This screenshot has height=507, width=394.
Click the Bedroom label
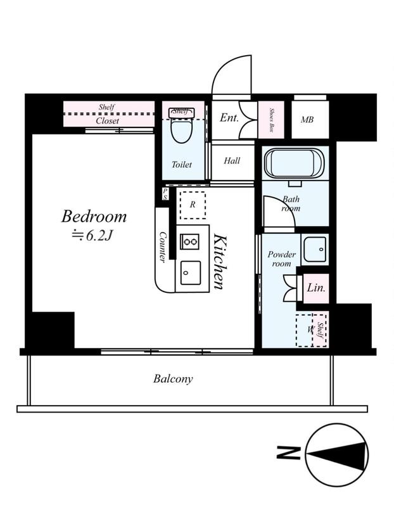pyautogui.click(x=94, y=216)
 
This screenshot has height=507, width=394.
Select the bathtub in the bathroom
pyautogui.click(x=294, y=163)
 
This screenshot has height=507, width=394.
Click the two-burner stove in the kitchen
pyautogui.click(x=190, y=241)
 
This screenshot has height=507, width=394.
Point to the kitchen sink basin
pyautogui.click(x=191, y=273)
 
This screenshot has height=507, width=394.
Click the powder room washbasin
pyautogui.click(x=315, y=250)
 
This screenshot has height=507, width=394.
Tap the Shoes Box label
pyautogui.click(x=272, y=120)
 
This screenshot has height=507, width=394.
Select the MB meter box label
pyautogui.click(x=307, y=120)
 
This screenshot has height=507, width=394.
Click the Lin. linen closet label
pyautogui.click(x=316, y=288)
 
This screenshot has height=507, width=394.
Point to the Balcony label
pyautogui.click(x=173, y=378)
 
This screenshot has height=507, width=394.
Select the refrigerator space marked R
pyautogui.click(x=193, y=205)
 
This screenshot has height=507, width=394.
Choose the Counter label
pyautogui.click(x=163, y=247)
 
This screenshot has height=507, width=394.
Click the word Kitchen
pyautogui.click(x=220, y=262)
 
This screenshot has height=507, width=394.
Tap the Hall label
pyautogui.click(x=232, y=160)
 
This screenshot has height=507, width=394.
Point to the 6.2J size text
pyautogui.click(x=92, y=236)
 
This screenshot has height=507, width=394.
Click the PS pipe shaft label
pyautogui.click(x=165, y=194)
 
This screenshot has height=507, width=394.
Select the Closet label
pyautogui.click(x=107, y=120)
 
